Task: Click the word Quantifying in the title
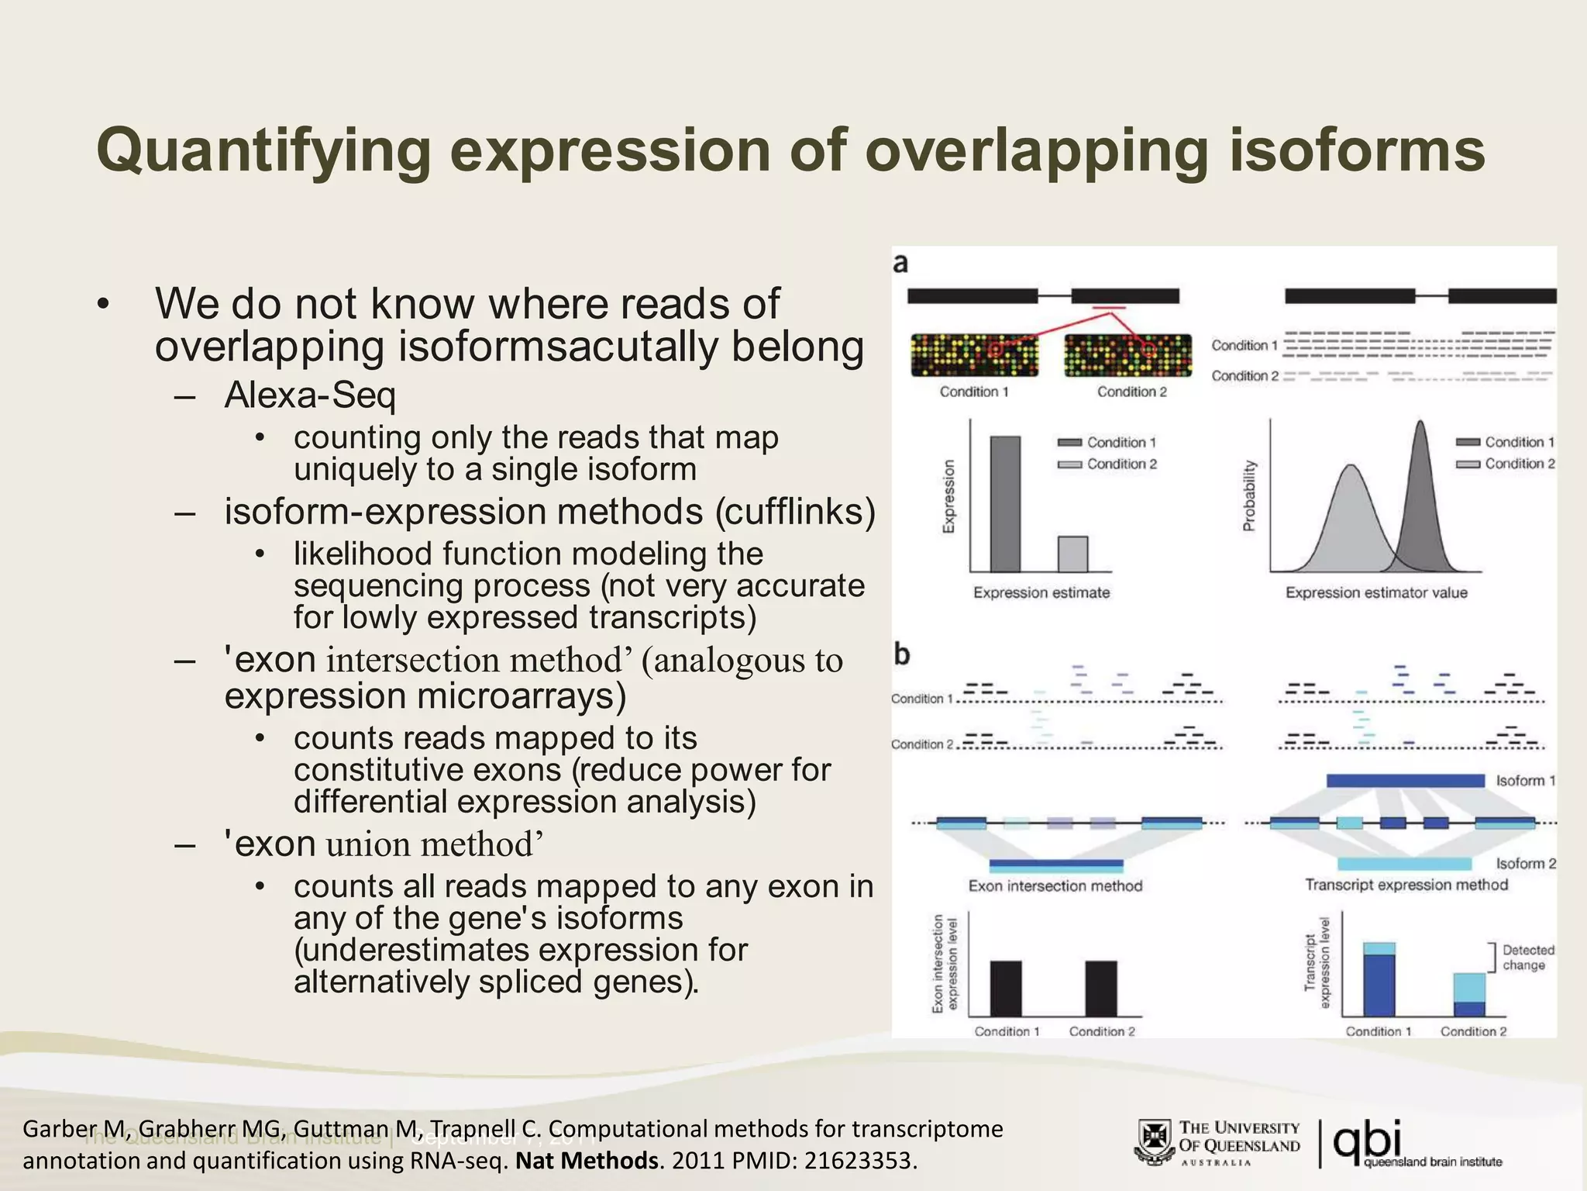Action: click(263, 151)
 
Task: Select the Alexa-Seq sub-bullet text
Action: click(310, 395)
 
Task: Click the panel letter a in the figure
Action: click(900, 264)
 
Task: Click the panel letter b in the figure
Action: click(901, 655)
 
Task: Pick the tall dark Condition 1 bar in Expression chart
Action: click(1005, 504)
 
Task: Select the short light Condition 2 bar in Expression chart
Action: click(1072, 554)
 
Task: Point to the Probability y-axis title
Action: click(1248, 496)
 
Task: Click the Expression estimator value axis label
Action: click(1376, 593)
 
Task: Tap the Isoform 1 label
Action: click(1525, 781)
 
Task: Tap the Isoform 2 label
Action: click(1525, 863)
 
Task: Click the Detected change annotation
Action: click(1527, 958)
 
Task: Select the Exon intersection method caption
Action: click(1055, 885)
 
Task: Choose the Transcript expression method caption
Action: click(1406, 885)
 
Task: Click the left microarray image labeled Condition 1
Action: click(974, 355)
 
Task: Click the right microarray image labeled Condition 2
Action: click(1128, 355)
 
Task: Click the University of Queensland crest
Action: click(1155, 1141)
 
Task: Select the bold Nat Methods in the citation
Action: click(587, 1161)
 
